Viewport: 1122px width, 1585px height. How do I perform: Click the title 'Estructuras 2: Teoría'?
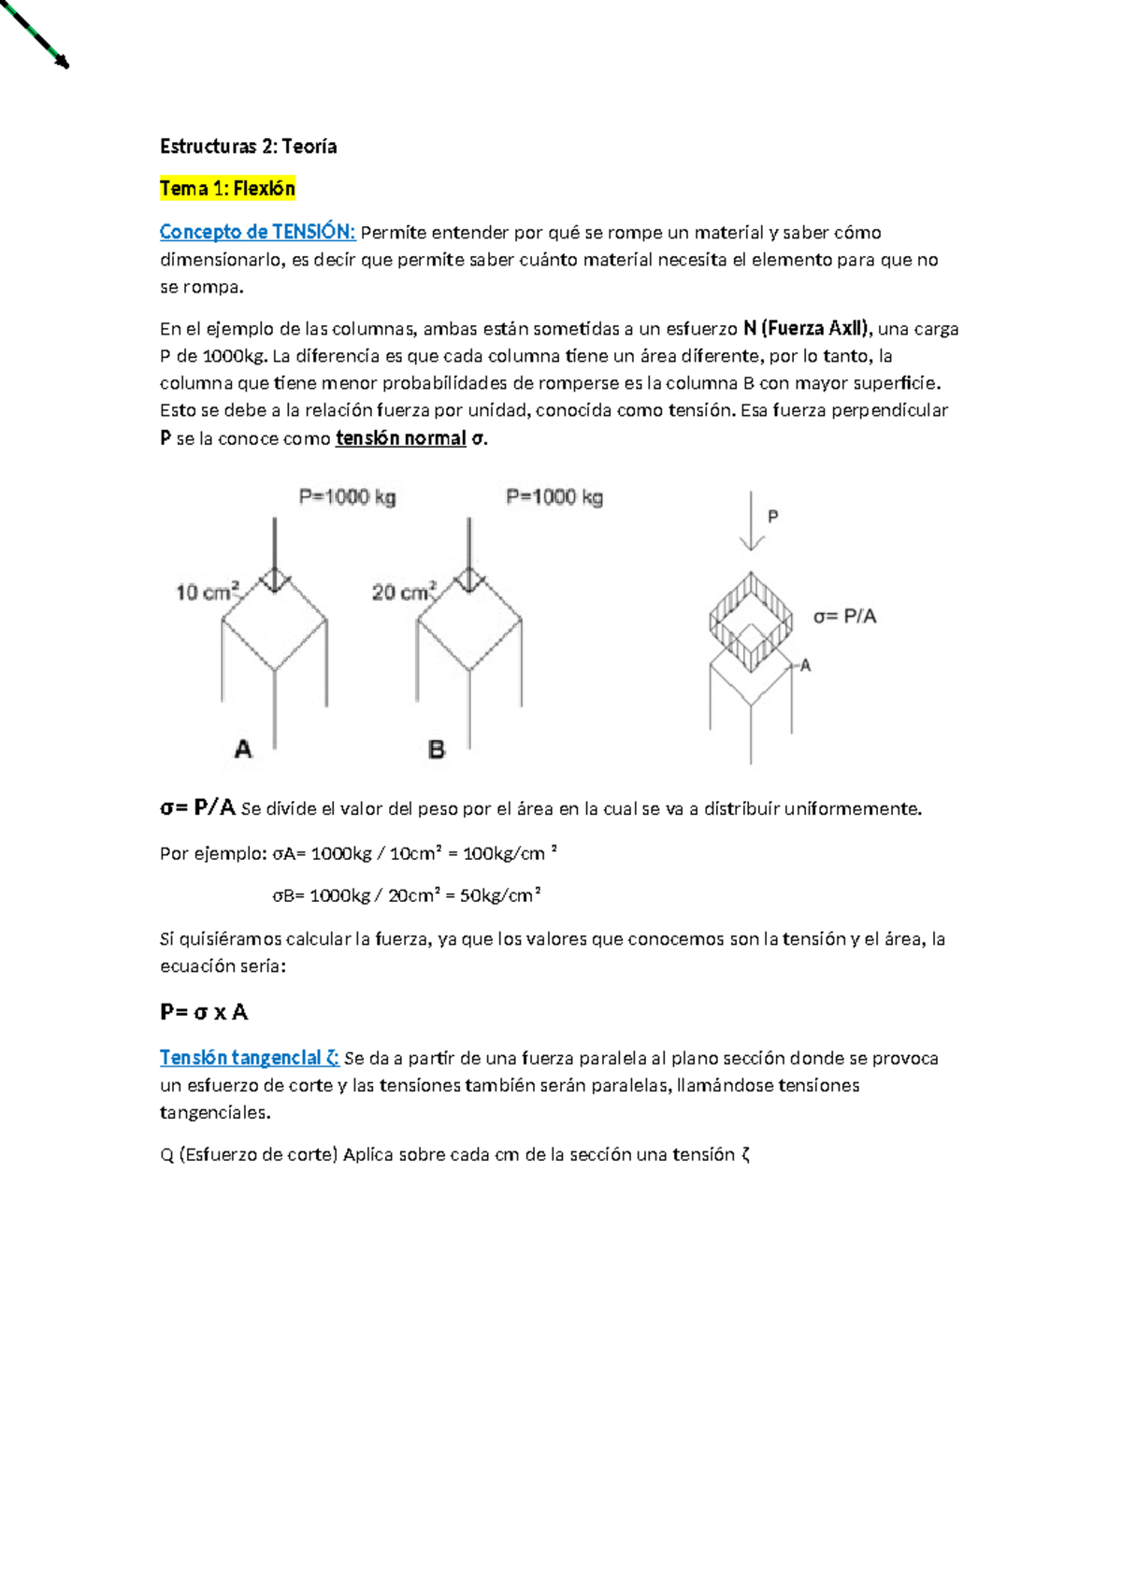(248, 146)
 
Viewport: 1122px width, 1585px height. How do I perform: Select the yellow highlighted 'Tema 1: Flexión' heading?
(227, 189)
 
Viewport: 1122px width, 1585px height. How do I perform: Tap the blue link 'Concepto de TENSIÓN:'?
(257, 232)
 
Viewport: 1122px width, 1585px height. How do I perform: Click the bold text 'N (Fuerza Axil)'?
(806, 328)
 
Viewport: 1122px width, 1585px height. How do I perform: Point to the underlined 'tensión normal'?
(400, 438)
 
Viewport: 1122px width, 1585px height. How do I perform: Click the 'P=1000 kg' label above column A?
(347, 497)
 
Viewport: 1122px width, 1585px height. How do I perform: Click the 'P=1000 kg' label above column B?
(554, 497)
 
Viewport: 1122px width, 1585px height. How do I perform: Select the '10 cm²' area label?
(208, 592)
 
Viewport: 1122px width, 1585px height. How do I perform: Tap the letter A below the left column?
(243, 749)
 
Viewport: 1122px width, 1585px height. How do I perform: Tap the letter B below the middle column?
(437, 750)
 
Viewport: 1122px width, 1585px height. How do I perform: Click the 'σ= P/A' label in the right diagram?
(844, 617)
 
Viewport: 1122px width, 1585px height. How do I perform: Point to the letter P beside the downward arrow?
(772, 517)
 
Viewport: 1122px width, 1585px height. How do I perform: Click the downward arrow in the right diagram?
(752, 523)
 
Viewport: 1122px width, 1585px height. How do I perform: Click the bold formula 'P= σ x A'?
(204, 1012)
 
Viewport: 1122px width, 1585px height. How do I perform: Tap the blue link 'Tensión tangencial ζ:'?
(249, 1058)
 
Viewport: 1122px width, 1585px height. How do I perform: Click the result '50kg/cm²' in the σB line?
(500, 895)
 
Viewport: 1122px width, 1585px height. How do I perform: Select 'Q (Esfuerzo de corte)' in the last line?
(248, 1155)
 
